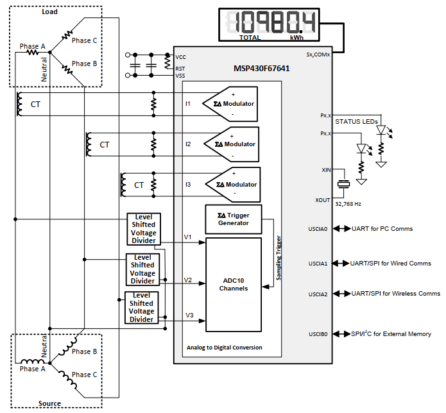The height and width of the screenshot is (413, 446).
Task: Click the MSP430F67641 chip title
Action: [x=261, y=69]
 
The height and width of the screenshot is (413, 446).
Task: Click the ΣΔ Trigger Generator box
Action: [x=233, y=219]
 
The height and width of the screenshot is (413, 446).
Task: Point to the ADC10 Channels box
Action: [x=234, y=285]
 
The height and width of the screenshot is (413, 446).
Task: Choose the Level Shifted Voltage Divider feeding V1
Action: [x=144, y=229]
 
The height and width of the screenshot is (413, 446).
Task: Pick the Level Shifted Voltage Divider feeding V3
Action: [x=141, y=307]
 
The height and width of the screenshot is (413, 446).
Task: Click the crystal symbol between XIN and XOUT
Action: [x=343, y=184]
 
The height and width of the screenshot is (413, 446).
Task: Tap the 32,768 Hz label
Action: [x=348, y=204]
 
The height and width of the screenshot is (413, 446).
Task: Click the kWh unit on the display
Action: [x=296, y=38]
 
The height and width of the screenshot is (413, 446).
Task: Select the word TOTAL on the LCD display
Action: [x=250, y=38]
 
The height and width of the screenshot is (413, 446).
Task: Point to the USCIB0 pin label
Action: [x=318, y=334]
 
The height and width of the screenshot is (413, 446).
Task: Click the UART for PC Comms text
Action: [x=382, y=229]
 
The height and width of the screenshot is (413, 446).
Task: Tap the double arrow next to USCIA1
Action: [x=341, y=264]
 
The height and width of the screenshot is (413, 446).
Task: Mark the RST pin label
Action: [x=180, y=69]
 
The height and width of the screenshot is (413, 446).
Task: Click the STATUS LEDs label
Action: [x=356, y=122]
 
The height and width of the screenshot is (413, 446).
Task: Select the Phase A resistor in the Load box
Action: [x=33, y=53]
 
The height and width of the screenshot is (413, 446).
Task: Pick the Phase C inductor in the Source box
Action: [x=70, y=380]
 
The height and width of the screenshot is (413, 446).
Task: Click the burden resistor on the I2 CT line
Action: [x=153, y=144]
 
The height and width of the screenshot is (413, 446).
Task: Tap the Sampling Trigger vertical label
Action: [x=279, y=258]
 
